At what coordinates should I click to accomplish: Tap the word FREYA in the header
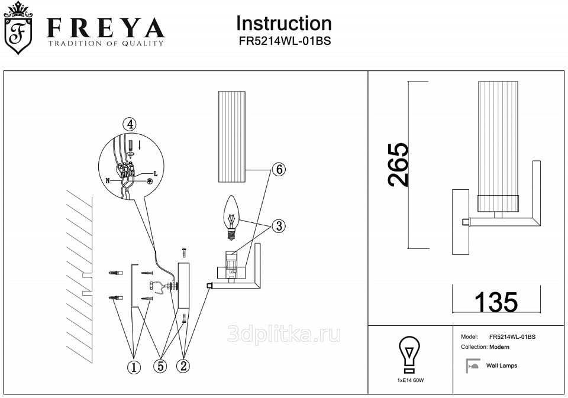tap(105, 28)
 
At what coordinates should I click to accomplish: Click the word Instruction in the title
tap(284, 23)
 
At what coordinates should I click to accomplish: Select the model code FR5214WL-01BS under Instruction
tap(284, 42)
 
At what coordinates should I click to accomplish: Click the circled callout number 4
tap(129, 124)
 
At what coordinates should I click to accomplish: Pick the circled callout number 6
tap(279, 169)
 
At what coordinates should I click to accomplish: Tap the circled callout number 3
tap(279, 226)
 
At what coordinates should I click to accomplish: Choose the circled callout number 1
tap(134, 367)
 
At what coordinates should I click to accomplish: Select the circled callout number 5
tap(160, 366)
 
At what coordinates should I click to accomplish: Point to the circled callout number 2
tap(183, 366)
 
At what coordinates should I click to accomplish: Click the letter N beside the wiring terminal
tap(108, 179)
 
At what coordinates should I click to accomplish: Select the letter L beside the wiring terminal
tap(155, 173)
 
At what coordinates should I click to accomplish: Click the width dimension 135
tap(496, 302)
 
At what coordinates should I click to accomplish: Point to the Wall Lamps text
tap(501, 365)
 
